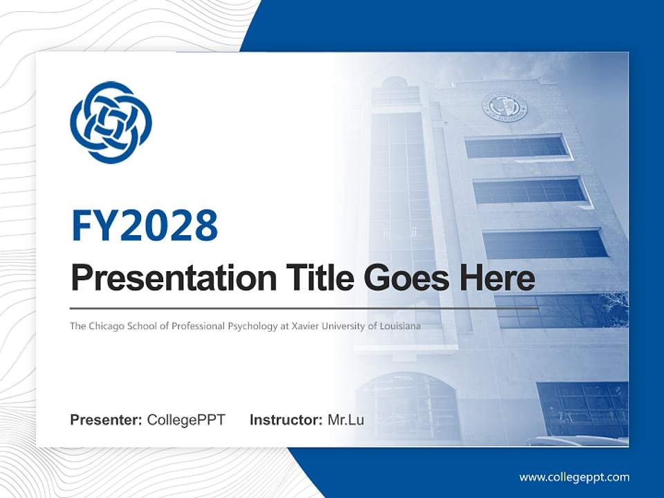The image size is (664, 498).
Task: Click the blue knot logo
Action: click(111, 122)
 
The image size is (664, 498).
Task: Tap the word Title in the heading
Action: click(315, 278)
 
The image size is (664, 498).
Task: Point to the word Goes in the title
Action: click(405, 278)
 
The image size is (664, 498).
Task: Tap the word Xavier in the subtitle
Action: click(302, 325)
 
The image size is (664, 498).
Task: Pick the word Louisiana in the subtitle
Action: click(399, 325)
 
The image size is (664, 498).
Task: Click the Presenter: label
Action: click(107, 420)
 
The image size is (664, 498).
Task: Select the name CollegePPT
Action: click(186, 420)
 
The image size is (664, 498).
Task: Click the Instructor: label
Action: click(286, 420)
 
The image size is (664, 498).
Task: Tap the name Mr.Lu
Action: click(346, 420)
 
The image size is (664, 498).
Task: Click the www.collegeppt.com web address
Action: click(574, 477)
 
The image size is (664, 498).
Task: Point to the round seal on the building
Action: click(504, 107)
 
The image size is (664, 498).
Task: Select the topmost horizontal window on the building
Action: click(516, 147)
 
